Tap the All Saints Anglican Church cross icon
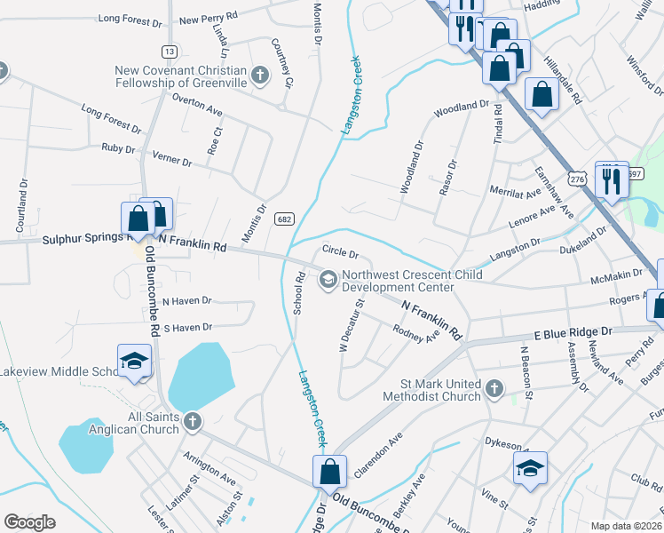tap(191, 421)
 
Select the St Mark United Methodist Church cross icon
tap(494, 389)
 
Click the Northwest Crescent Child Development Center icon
tap(328, 281)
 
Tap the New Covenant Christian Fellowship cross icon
tap(259, 75)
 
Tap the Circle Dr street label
tap(340, 254)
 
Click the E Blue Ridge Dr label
tap(573, 331)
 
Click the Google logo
tap(29, 522)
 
